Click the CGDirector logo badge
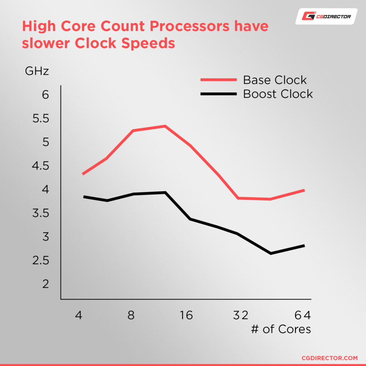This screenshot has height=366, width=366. point(326,16)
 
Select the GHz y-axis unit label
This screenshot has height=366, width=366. point(37,71)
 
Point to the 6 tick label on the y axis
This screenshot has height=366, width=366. point(45,95)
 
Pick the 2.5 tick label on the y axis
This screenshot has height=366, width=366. point(40,261)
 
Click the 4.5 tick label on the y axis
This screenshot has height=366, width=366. point(40,166)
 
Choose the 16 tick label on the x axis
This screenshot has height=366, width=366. point(186,315)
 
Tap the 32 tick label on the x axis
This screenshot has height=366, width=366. point(241,315)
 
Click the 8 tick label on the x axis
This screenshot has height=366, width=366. point(131,315)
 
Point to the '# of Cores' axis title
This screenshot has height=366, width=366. point(281,329)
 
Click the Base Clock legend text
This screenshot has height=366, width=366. point(275,80)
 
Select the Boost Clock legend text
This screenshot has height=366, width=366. point(278,94)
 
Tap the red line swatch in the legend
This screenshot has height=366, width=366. point(219,80)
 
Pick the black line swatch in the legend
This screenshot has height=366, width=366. point(219,94)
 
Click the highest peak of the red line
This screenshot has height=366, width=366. point(165,126)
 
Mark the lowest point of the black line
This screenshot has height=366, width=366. point(271,253)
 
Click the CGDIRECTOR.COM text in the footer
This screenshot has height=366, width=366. point(330,357)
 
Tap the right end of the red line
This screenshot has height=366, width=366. point(304,190)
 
